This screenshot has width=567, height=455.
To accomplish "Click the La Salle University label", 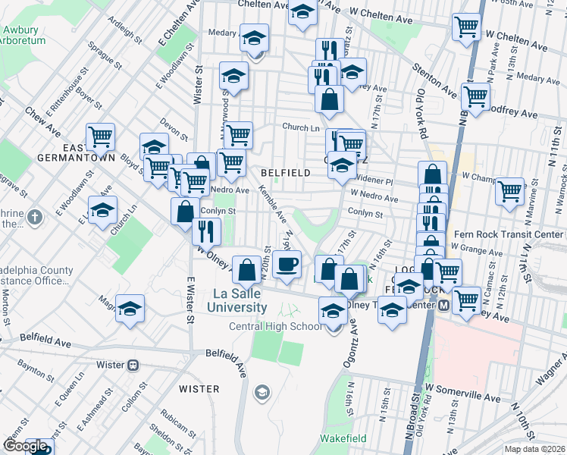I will [240, 300].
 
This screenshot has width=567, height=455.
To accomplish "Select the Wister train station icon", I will [133, 365].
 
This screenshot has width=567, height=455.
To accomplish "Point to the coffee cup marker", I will [287, 265].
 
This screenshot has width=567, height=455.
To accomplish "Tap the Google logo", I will [25, 447].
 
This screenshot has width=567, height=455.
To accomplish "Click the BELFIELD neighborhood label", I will [285, 173].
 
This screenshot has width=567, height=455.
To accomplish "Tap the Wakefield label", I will [343, 438].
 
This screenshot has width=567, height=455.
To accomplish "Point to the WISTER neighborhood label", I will [199, 389].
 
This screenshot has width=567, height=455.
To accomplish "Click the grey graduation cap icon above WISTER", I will [262, 391].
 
